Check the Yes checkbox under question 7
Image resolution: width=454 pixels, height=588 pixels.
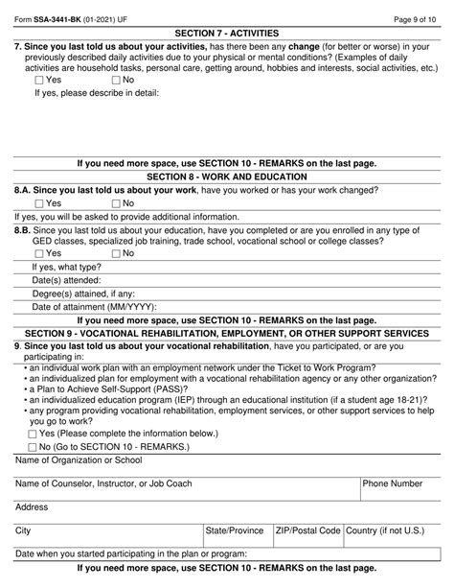[38, 80]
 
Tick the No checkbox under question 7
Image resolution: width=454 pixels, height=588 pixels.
[117, 80]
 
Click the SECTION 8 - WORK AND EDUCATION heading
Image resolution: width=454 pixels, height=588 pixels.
[226, 177]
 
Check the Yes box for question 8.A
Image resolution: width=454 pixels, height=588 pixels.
[38, 203]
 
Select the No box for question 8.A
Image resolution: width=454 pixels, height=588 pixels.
[117, 203]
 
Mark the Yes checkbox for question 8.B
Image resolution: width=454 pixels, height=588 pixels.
[38, 254]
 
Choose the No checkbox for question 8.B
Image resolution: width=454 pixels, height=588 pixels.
[117, 254]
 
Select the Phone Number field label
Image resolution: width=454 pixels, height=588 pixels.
[393, 484]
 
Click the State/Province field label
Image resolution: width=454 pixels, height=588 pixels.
[234, 529]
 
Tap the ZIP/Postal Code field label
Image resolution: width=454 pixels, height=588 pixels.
[307, 529]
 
